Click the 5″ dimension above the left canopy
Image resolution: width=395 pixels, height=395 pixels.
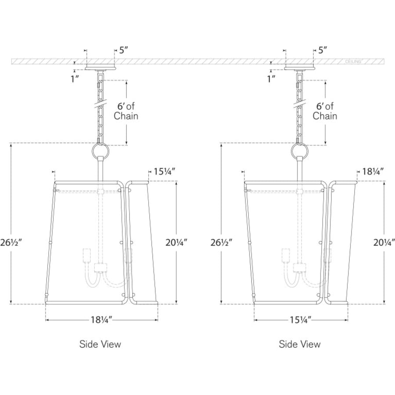coord(123,50)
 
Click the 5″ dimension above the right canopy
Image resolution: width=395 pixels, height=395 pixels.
coord(323,50)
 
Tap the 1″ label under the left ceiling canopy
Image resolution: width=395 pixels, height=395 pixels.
coord(75,79)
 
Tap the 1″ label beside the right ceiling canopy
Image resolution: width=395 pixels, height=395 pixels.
coord(272,79)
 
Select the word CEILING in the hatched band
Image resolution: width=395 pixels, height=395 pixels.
coord(353,61)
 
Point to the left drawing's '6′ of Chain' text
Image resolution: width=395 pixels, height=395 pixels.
coord(126,111)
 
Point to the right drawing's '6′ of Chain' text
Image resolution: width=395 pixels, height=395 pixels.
coord(325,111)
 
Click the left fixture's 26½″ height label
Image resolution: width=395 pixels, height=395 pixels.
coord(11,242)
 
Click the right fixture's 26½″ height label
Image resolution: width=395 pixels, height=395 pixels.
coord(222,242)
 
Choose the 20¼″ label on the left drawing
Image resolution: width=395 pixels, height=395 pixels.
coord(176,242)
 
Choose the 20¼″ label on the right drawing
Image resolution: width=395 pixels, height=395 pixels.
coord(384,242)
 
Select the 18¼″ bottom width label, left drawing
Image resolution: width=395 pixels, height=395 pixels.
coord(101,320)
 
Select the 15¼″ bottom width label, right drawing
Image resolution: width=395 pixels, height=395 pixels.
coord(301,320)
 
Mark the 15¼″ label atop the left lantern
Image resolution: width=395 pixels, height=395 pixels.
coord(165,172)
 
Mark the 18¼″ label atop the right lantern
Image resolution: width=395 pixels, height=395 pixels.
coord(373,172)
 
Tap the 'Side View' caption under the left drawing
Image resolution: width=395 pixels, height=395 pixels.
coord(100,344)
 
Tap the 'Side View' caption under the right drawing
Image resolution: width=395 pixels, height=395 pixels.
coord(299,344)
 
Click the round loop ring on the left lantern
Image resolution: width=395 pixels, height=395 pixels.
coord(92,152)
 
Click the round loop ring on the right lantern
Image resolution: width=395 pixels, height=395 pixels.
coord(291,152)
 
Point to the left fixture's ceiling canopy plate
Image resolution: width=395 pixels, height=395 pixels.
coord(101,68)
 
